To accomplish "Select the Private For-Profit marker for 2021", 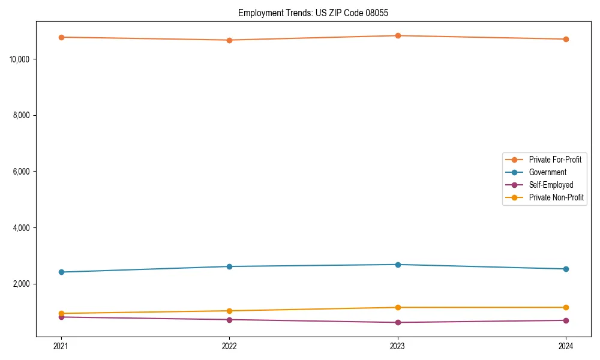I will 61,37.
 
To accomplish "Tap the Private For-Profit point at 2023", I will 398,35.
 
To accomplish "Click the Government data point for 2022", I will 229,266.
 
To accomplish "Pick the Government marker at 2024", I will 566,269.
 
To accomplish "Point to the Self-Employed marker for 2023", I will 398,322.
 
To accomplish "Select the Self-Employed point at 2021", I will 61,317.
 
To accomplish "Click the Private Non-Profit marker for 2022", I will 229,311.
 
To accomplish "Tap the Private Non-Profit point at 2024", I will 566,307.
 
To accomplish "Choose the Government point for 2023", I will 398,265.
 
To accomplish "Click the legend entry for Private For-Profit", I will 554,160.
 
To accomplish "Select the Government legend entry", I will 547,172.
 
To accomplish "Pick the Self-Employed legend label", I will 551,185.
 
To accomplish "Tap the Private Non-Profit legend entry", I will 556,197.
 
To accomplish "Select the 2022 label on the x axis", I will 229,346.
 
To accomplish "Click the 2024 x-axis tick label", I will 566,346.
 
